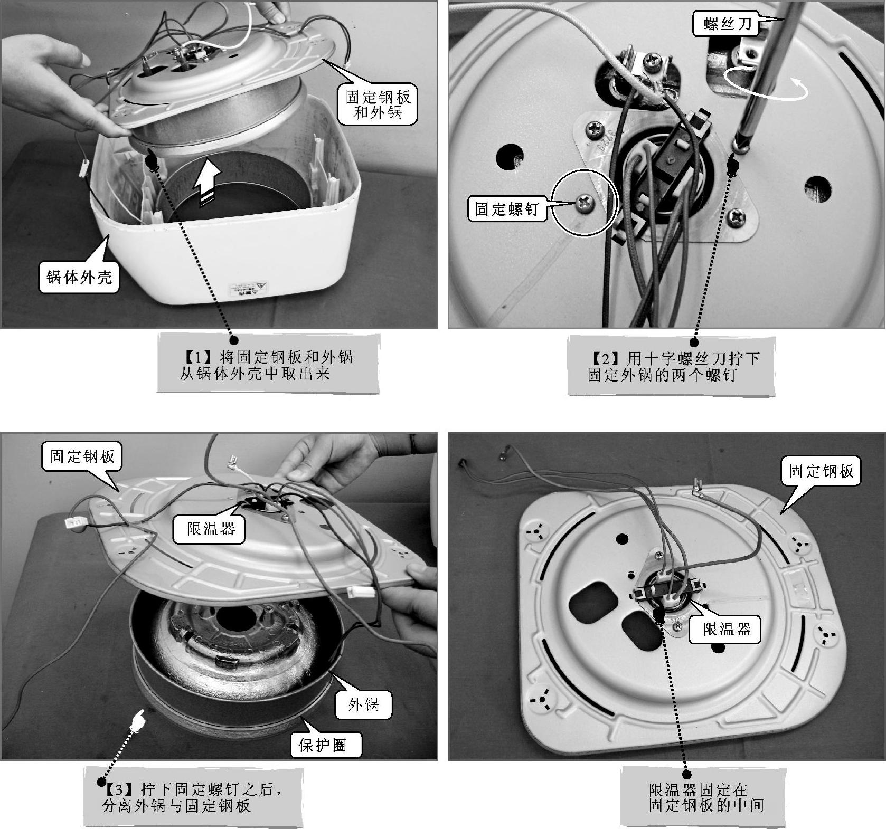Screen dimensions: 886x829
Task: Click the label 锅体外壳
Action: [x=79, y=277]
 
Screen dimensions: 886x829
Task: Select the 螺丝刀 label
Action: [x=727, y=24]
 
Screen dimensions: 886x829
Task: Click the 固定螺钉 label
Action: [x=506, y=209]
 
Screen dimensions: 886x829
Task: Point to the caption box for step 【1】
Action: [x=268, y=364]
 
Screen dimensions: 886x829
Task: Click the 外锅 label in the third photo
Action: [x=363, y=704]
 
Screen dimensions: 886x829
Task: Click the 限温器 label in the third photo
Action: [x=210, y=528]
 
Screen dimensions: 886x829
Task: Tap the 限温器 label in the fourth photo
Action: [x=727, y=628]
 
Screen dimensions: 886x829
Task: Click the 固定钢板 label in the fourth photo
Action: [x=821, y=471]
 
